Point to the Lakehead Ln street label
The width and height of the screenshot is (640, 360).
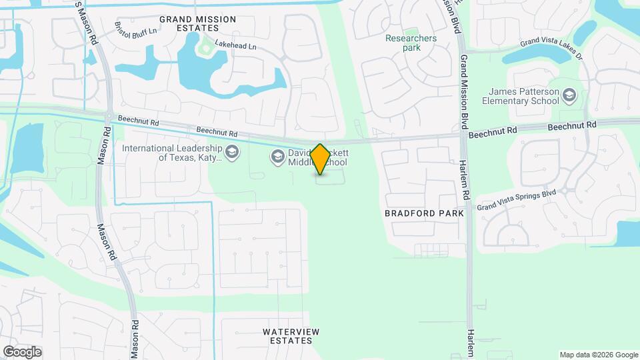pyautogui.click(x=234, y=47)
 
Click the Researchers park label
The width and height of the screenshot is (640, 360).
pyautogui.click(x=411, y=43)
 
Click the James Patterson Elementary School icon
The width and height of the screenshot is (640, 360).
pyautogui.click(x=569, y=96)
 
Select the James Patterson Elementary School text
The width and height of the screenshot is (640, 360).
pyautogui.click(x=524, y=96)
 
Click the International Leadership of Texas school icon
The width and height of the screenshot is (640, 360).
pyautogui.click(x=231, y=153)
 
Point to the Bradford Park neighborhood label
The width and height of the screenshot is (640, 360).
pyautogui.click(x=424, y=213)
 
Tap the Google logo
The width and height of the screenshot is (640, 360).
pyautogui.click(x=22, y=351)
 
